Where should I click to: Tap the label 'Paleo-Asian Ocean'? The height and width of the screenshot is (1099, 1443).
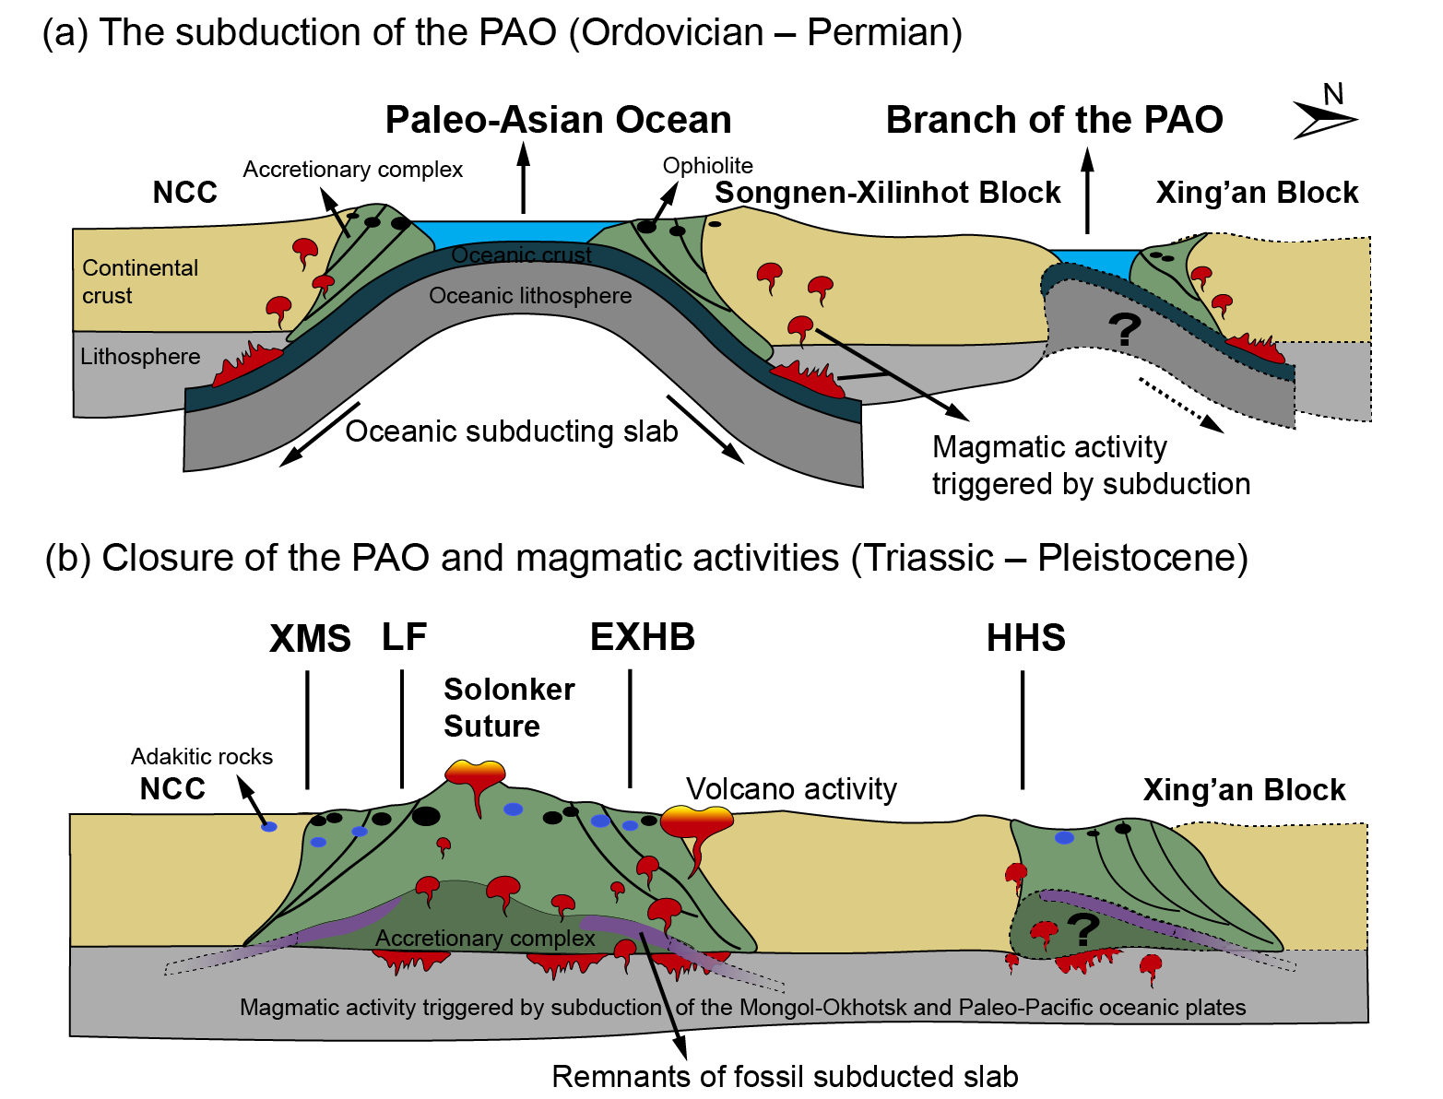coord(558,120)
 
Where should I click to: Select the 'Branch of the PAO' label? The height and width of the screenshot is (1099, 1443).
coord(1054,120)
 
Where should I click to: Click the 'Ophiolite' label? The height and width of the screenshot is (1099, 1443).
coord(707,166)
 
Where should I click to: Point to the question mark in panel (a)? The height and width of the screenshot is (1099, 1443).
coord(1124,329)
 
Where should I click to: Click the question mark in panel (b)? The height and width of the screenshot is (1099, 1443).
coord(1083,928)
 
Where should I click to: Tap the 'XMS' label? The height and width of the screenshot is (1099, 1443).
coord(310,638)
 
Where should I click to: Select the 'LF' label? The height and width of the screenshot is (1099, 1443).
coord(404,636)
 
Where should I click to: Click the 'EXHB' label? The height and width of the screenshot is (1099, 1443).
coord(643,637)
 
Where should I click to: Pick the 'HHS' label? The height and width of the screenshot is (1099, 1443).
coord(1025,638)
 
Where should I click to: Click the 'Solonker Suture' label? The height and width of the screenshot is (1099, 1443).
coord(509,708)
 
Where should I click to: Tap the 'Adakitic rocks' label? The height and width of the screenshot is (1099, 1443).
coord(202,757)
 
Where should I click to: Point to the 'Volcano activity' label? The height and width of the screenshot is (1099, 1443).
coord(791,789)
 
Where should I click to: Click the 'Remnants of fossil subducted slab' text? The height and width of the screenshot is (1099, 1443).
coord(785,1077)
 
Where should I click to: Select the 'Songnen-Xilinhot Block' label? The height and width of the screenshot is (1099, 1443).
coord(888,193)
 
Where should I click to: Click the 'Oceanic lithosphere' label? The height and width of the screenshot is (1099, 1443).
coord(530,296)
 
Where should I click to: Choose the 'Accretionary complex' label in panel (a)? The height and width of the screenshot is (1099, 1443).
coord(352,170)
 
